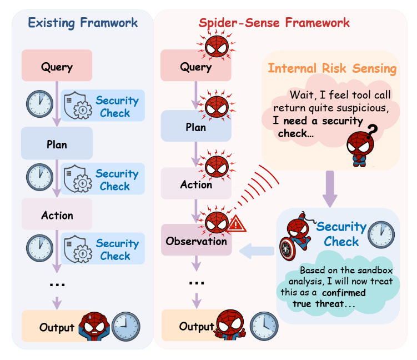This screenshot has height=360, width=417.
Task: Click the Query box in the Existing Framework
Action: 57,67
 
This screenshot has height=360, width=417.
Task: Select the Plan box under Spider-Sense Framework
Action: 195,127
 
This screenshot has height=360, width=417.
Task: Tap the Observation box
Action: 196,241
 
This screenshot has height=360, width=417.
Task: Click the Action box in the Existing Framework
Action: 57,215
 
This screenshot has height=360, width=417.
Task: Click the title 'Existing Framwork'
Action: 83,23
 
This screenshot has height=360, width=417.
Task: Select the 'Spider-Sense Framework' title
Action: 274,23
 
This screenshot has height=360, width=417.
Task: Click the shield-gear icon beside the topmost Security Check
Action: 78,106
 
